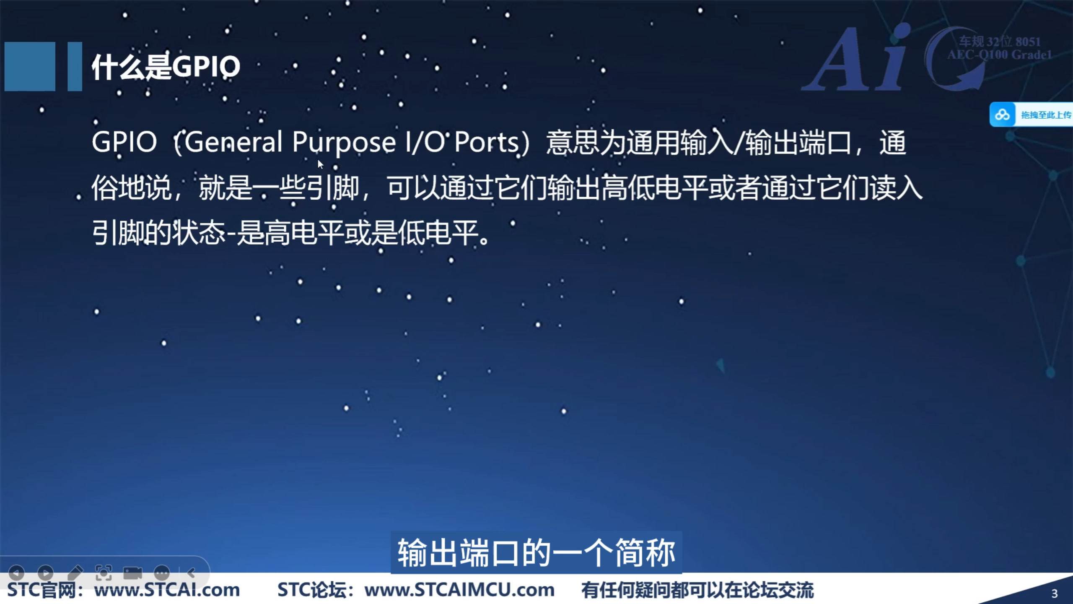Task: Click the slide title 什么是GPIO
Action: (x=166, y=67)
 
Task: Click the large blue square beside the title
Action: (x=30, y=66)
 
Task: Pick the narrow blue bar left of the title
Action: (x=75, y=66)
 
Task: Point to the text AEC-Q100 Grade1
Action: (x=1000, y=55)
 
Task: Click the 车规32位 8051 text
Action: (x=1000, y=42)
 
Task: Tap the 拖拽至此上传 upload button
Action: (x=1032, y=115)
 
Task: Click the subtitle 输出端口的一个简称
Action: (x=536, y=553)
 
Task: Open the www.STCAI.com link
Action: (x=167, y=590)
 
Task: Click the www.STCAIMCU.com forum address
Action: (x=459, y=590)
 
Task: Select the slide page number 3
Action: (x=1055, y=594)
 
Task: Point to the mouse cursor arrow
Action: (x=320, y=164)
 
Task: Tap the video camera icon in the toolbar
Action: (x=132, y=573)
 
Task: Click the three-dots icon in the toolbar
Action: (x=162, y=573)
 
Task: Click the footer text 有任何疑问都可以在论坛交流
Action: (x=697, y=590)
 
